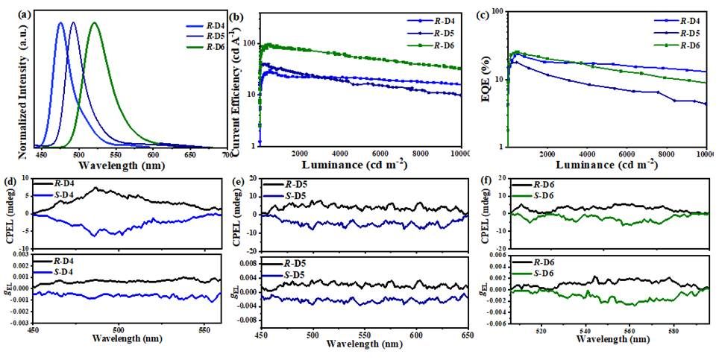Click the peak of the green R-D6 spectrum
[x=94, y=23]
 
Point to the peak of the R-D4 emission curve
[x=60, y=23]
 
